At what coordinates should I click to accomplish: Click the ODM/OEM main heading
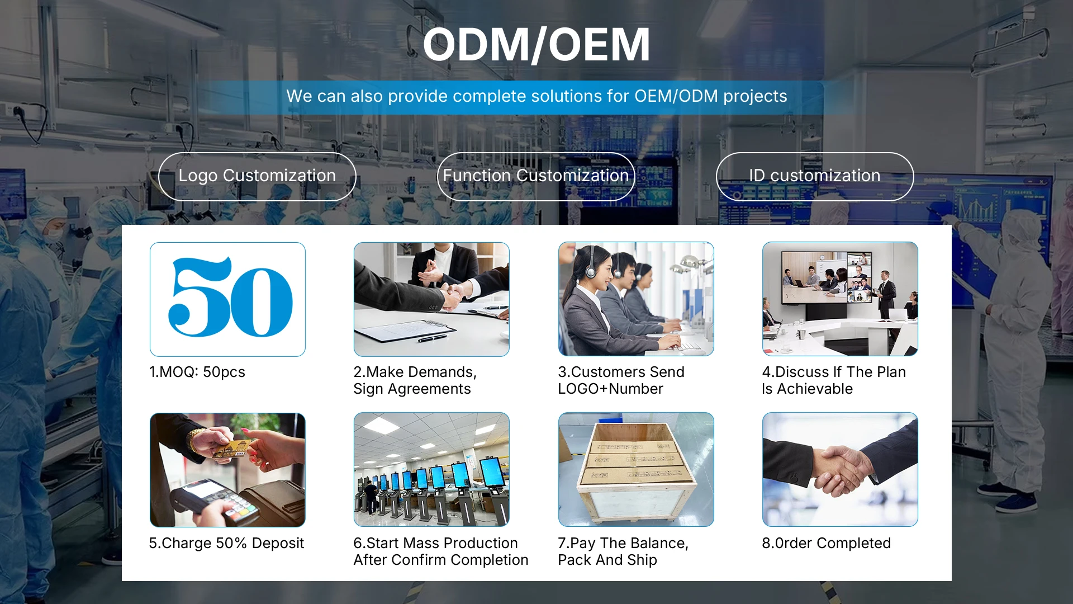tap(536, 45)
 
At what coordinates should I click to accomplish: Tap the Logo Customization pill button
tap(257, 176)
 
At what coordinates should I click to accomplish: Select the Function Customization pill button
tap(536, 176)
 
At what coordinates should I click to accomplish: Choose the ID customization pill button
tap(815, 176)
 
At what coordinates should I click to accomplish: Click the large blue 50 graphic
tap(230, 297)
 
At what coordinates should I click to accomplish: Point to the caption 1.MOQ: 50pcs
tap(197, 372)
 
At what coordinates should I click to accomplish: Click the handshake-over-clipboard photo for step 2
tap(431, 299)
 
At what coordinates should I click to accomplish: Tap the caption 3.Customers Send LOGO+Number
tap(621, 380)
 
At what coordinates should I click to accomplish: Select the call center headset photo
tap(636, 299)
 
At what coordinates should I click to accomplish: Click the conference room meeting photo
tap(840, 299)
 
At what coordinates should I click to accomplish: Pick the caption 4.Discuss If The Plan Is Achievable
tap(834, 380)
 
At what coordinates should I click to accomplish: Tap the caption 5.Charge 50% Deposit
tap(226, 543)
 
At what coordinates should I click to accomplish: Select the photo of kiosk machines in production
tap(431, 470)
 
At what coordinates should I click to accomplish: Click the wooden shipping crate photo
tap(636, 470)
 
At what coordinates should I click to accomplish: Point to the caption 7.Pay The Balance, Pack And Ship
tap(623, 551)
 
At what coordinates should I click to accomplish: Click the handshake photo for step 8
tap(840, 470)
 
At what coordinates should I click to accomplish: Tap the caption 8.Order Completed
tap(827, 543)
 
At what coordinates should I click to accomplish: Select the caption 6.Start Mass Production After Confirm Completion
tap(440, 551)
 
